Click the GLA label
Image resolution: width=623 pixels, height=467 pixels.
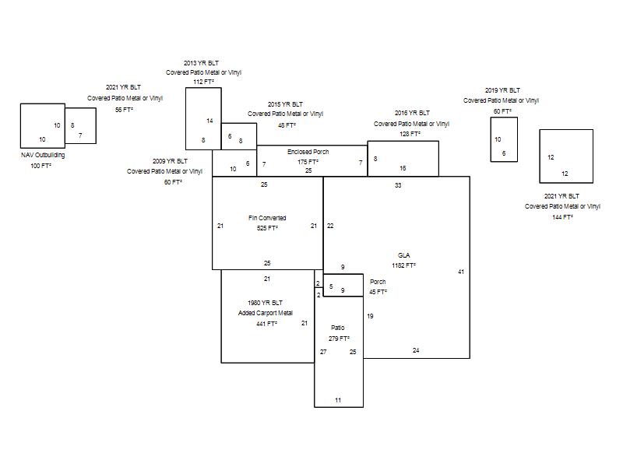coord(403,255)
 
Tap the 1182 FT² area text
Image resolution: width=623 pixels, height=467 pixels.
coord(403,265)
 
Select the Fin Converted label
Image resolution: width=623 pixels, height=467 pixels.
coord(267,218)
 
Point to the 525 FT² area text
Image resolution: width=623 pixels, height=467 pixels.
coord(267,228)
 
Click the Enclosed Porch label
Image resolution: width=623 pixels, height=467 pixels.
coord(308,152)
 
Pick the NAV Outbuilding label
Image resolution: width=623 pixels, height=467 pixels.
coord(43,155)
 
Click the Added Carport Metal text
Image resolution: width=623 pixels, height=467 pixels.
coord(266,313)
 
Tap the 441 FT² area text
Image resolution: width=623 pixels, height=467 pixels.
coord(266,324)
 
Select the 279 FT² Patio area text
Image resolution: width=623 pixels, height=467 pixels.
coord(339,339)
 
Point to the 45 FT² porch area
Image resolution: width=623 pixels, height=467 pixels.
coord(378,291)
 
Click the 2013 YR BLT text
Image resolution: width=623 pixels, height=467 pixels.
coord(201,63)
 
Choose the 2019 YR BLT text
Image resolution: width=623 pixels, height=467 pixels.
coord(502,90)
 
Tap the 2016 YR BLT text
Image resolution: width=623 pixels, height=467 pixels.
coord(412,113)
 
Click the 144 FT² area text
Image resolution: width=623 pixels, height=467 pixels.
coord(562,217)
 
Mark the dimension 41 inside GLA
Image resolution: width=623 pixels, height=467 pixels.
coord(461,272)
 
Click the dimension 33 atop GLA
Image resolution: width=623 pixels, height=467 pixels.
coord(398,185)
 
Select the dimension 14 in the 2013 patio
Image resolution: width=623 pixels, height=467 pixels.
coord(209,121)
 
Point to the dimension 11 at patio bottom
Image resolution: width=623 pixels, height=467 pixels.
coord(338,400)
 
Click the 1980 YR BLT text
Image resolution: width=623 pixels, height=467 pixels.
coord(265,303)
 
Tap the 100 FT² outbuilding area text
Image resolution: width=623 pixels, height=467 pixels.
coord(41,166)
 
